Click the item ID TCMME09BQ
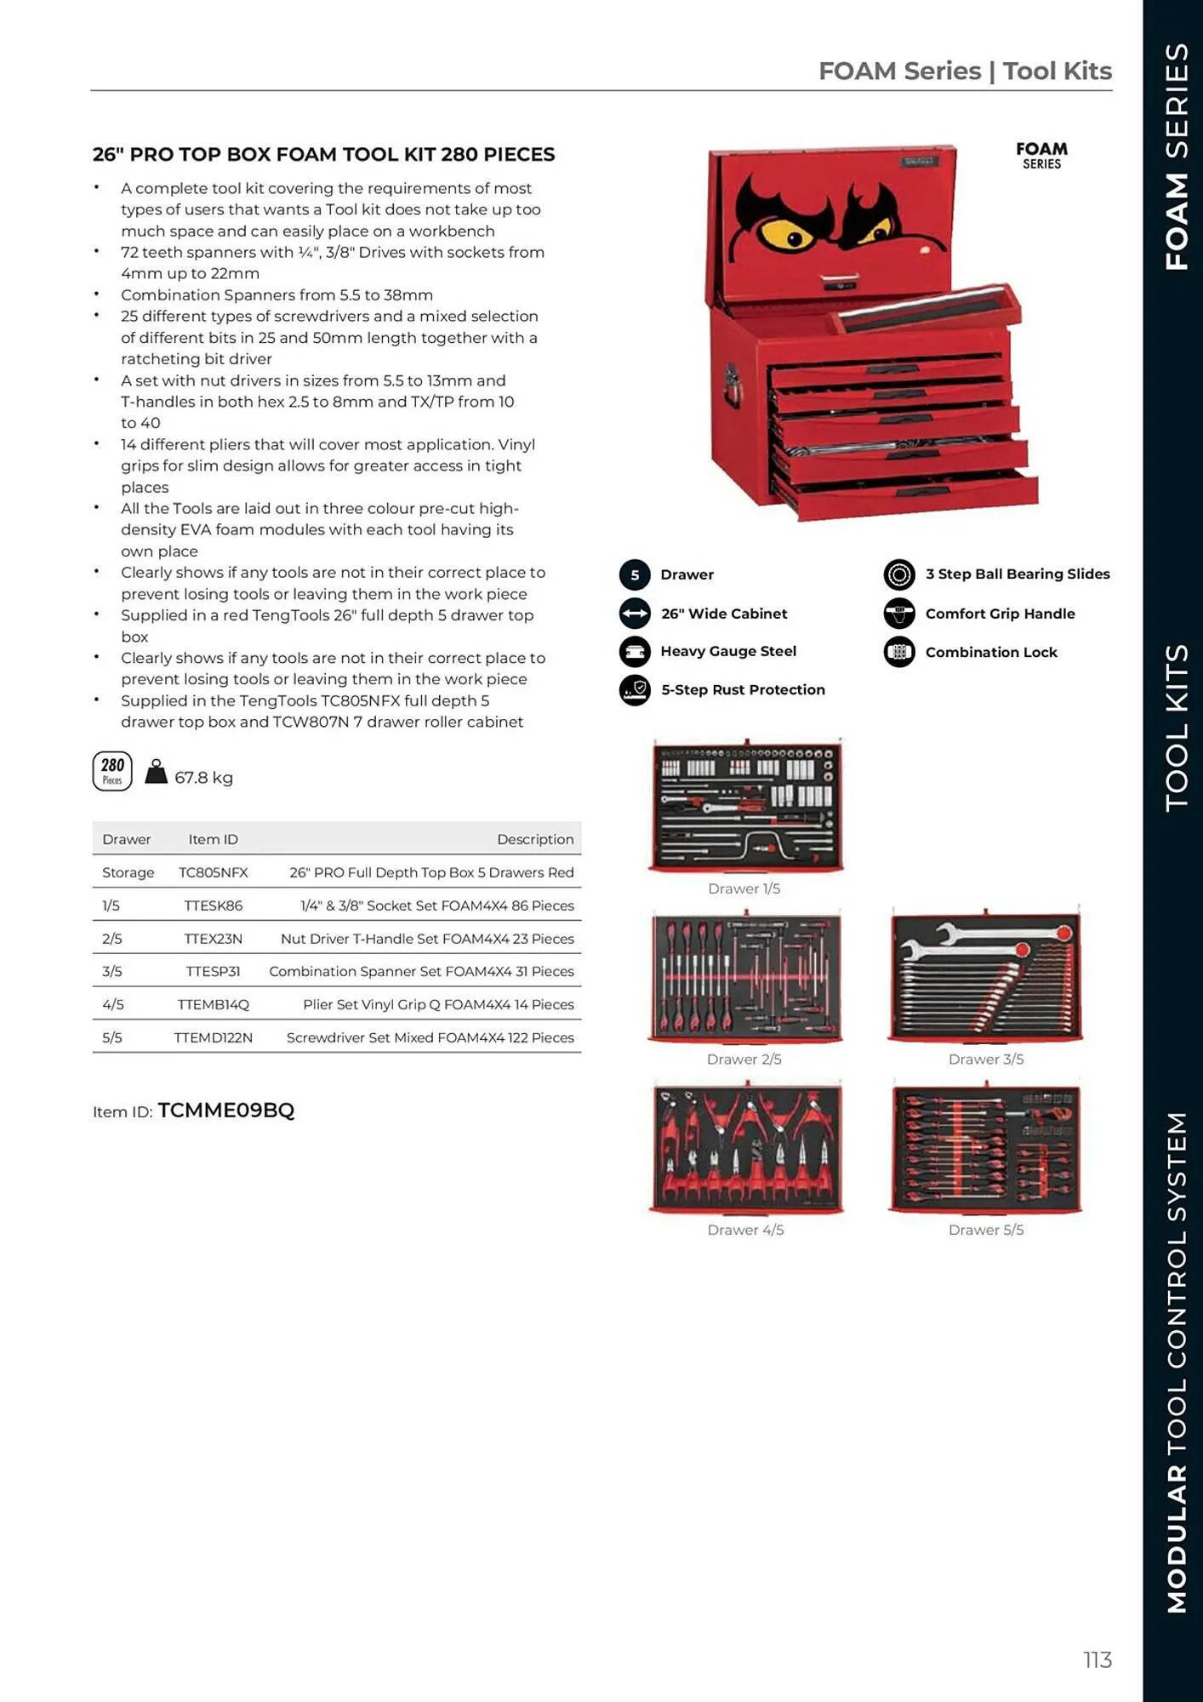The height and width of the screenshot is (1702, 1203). pos(225,1111)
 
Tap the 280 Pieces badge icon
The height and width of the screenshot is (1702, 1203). pos(112,771)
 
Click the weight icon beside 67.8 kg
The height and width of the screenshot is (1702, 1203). pos(156,772)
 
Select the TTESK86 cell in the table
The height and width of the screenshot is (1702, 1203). pos(213,905)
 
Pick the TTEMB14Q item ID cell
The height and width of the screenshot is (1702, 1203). pos(213,1004)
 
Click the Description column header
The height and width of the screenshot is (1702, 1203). pos(534,839)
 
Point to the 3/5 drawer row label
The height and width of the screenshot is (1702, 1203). pos(112,971)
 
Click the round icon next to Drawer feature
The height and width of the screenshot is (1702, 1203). pos(635,574)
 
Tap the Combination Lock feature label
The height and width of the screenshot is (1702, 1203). pos(990,652)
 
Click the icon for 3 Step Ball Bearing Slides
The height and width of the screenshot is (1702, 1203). pos(899,574)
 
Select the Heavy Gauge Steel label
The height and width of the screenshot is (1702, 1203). pos(727,651)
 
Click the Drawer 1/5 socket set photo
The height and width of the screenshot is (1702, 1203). pos(746,805)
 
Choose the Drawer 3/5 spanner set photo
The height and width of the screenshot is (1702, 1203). pos(985,976)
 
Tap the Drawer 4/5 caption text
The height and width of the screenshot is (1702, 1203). pos(745,1230)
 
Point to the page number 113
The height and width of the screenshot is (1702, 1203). pos(1098,1659)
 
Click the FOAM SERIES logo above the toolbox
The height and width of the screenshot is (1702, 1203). pos(1041,155)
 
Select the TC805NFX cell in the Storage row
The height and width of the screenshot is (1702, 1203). pos(213,872)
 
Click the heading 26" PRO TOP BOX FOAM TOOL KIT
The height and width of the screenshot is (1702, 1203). pos(323,154)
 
